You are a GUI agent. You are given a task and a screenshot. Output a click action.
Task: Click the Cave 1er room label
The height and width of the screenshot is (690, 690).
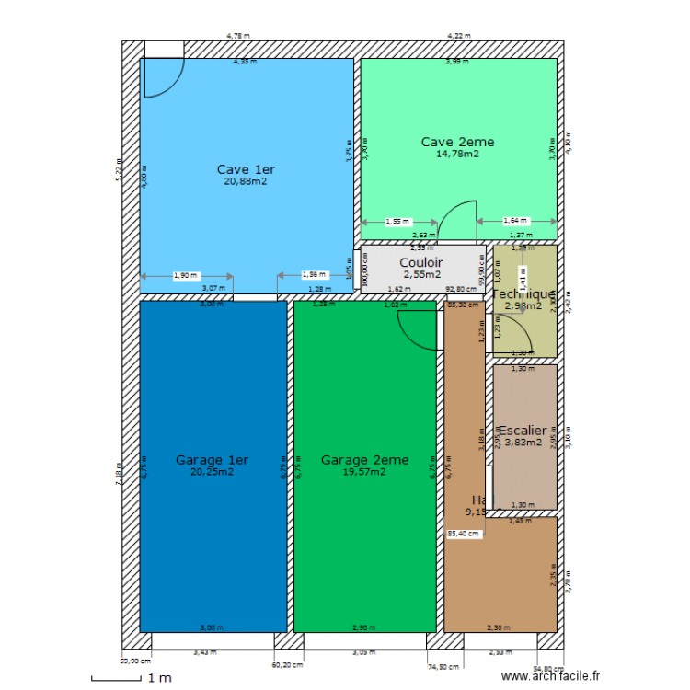(246, 169)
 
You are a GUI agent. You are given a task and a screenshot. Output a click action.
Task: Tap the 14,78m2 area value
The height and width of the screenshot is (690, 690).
(457, 154)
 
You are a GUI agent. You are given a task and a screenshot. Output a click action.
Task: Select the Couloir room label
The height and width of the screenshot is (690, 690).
(421, 262)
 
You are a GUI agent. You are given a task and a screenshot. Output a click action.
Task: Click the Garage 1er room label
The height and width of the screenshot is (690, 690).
(212, 460)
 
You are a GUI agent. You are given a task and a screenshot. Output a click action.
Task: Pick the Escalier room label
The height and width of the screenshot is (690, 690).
(522, 430)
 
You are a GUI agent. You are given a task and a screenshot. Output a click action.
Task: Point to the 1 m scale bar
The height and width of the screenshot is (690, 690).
(123, 678)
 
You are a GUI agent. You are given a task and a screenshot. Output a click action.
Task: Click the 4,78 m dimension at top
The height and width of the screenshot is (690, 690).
(238, 36)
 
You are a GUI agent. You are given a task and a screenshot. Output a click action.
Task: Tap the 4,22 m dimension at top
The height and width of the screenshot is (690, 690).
(458, 36)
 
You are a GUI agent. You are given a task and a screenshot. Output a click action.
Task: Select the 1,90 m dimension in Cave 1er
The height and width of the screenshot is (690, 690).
(185, 275)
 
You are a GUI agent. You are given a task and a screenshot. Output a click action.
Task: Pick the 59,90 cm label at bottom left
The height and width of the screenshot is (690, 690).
(135, 661)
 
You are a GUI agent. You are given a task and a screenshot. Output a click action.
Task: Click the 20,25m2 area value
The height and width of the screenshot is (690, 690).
(212, 471)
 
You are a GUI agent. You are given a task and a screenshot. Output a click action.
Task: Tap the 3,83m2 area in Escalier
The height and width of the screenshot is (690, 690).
(521, 442)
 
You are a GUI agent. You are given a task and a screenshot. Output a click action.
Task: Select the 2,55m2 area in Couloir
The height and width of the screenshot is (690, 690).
(421, 274)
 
